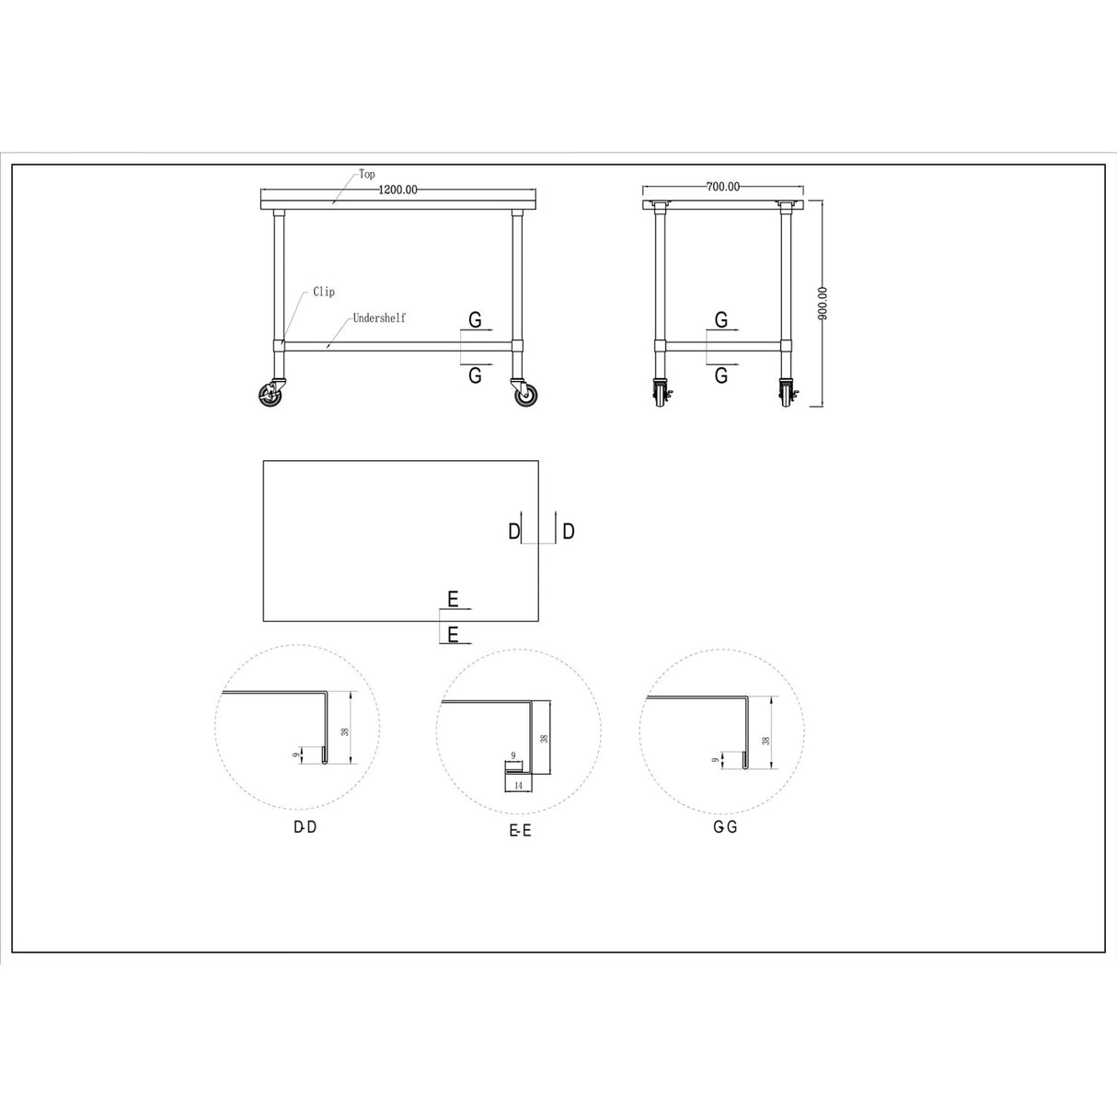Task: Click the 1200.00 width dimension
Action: coord(398,190)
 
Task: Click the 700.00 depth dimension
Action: coord(722,187)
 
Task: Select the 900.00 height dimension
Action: coord(823,303)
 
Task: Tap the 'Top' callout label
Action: coord(367,174)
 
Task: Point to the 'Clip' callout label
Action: coord(324,292)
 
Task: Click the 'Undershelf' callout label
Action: coord(379,318)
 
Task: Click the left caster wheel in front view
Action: coord(271,396)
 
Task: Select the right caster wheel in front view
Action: coord(525,396)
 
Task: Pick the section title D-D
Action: coord(305,827)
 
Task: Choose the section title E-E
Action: coord(520,831)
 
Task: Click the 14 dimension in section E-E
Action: coord(518,785)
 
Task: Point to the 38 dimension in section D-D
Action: coord(344,731)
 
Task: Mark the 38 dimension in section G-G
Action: coord(765,739)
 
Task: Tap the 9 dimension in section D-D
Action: coord(295,754)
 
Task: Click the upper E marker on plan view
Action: coord(453,599)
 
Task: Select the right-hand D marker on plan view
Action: coord(569,531)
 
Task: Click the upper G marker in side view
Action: coord(721,319)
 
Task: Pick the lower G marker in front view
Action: coord(476,374)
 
